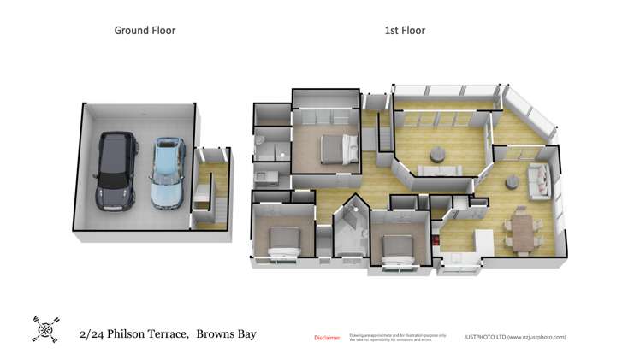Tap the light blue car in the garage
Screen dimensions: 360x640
click(x=168, y=173)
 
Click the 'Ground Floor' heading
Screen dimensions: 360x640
click(x=145, y=31)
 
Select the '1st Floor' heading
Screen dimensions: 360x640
click(x=405, y=31)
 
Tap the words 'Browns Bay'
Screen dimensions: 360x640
click(x=227, y=334)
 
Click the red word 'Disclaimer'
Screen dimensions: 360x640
click(x=328, y=338)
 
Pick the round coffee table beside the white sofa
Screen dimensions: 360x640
click(x=513, y=181)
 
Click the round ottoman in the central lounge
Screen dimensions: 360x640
click(x=437, y=155)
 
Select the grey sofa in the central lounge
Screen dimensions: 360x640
click(x=437, y=173)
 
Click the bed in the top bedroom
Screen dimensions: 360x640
click(x=336, y=150)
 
